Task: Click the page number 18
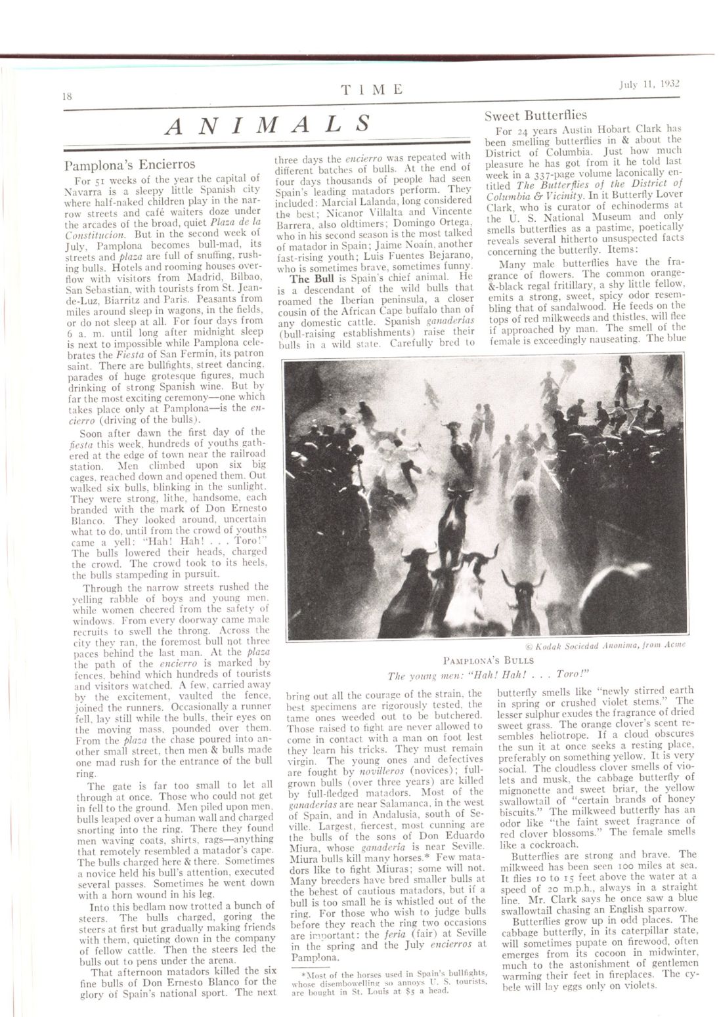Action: [66, 94]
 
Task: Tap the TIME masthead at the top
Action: [372, 89]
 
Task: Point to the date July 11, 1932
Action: [647, 84]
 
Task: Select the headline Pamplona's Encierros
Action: [130, 164]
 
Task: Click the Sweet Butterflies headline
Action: [536, 116]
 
